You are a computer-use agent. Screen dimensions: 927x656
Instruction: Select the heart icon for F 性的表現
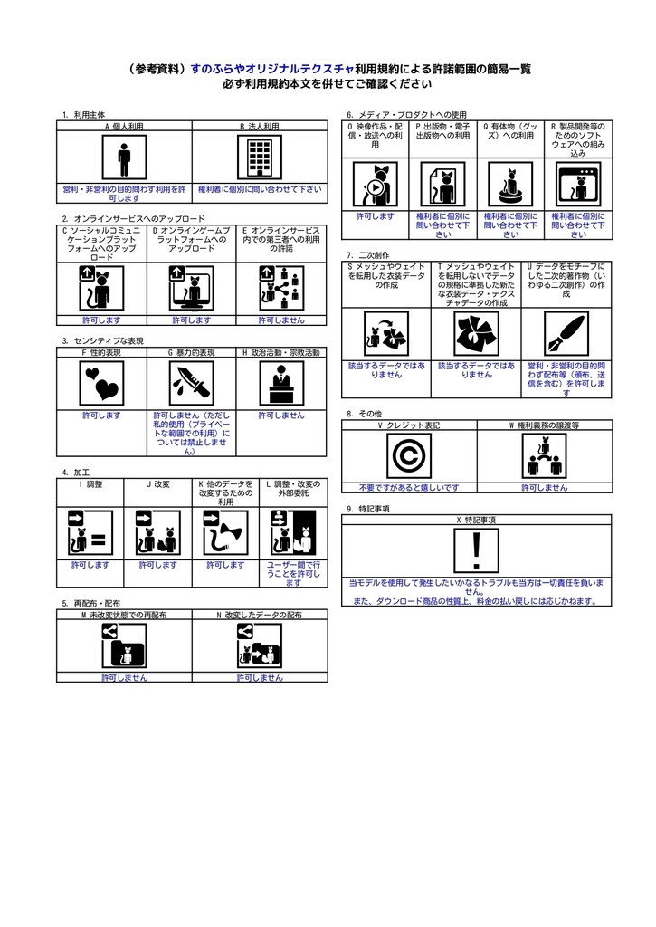pyautogui.click(x=101, y=384)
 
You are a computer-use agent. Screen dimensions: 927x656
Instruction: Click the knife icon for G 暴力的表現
pyautogui.click(x=192, y=384)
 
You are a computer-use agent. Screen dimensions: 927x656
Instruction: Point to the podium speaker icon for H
pyautogui.click(x=281, y=384)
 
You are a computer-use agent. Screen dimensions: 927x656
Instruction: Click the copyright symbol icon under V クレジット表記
pyautogui.click(x=408, y=455)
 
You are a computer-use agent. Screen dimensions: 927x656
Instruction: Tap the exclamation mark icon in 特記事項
pyautogui.click(x=477, y=550)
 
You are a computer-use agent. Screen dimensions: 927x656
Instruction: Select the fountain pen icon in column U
pyautogui.click(x=566, y=332)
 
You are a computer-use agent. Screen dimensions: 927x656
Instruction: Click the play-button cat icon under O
pyautogui.click(x=375, y=185)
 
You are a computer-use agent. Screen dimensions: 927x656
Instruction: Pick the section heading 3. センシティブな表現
pyautogui.click(x=103, y=340)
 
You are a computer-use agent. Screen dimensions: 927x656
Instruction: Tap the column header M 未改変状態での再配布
pyautogui.click(x=124, y=615)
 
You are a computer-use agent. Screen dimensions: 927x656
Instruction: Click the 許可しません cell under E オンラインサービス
pyautogui.click(x=281, y=320)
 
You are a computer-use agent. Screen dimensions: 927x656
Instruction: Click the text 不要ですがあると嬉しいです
pyautogui.click(x=408, y=487)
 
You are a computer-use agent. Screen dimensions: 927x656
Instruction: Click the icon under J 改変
pyautogui.click(x=157, y=531)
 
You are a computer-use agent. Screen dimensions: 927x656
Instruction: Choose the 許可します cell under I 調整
pyautogui.click(x=90, y=564)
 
